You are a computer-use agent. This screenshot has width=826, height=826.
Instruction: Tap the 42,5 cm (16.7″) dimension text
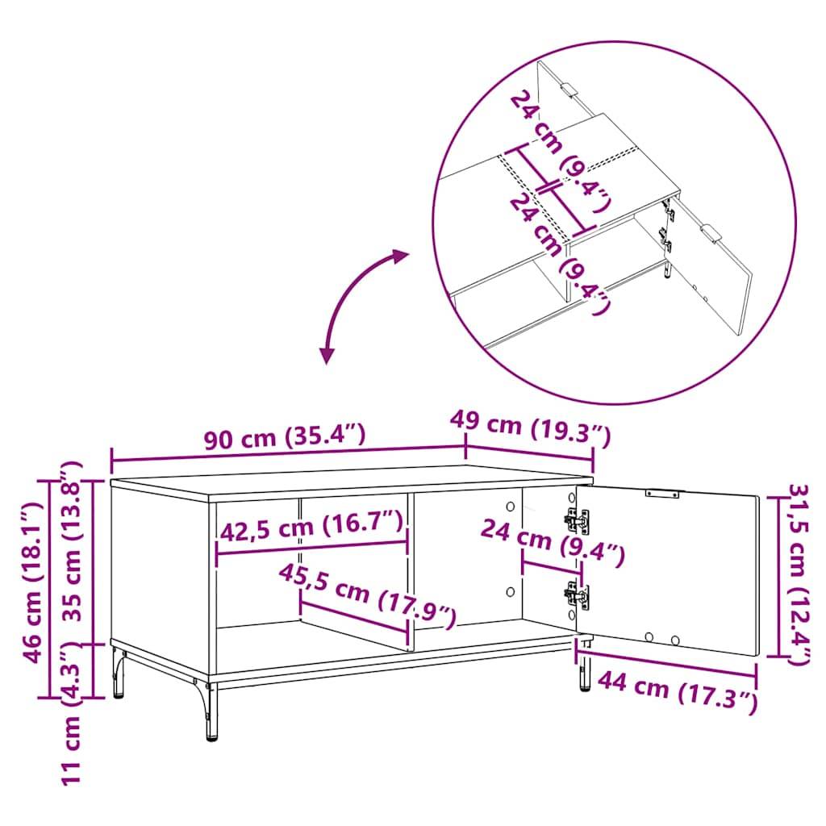coord(311,529)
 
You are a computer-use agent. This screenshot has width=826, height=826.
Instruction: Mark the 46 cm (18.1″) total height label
coord(32,581)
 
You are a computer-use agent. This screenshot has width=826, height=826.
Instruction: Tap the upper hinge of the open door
coord(577,520)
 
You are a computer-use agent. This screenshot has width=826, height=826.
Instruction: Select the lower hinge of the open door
coord(577,595)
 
